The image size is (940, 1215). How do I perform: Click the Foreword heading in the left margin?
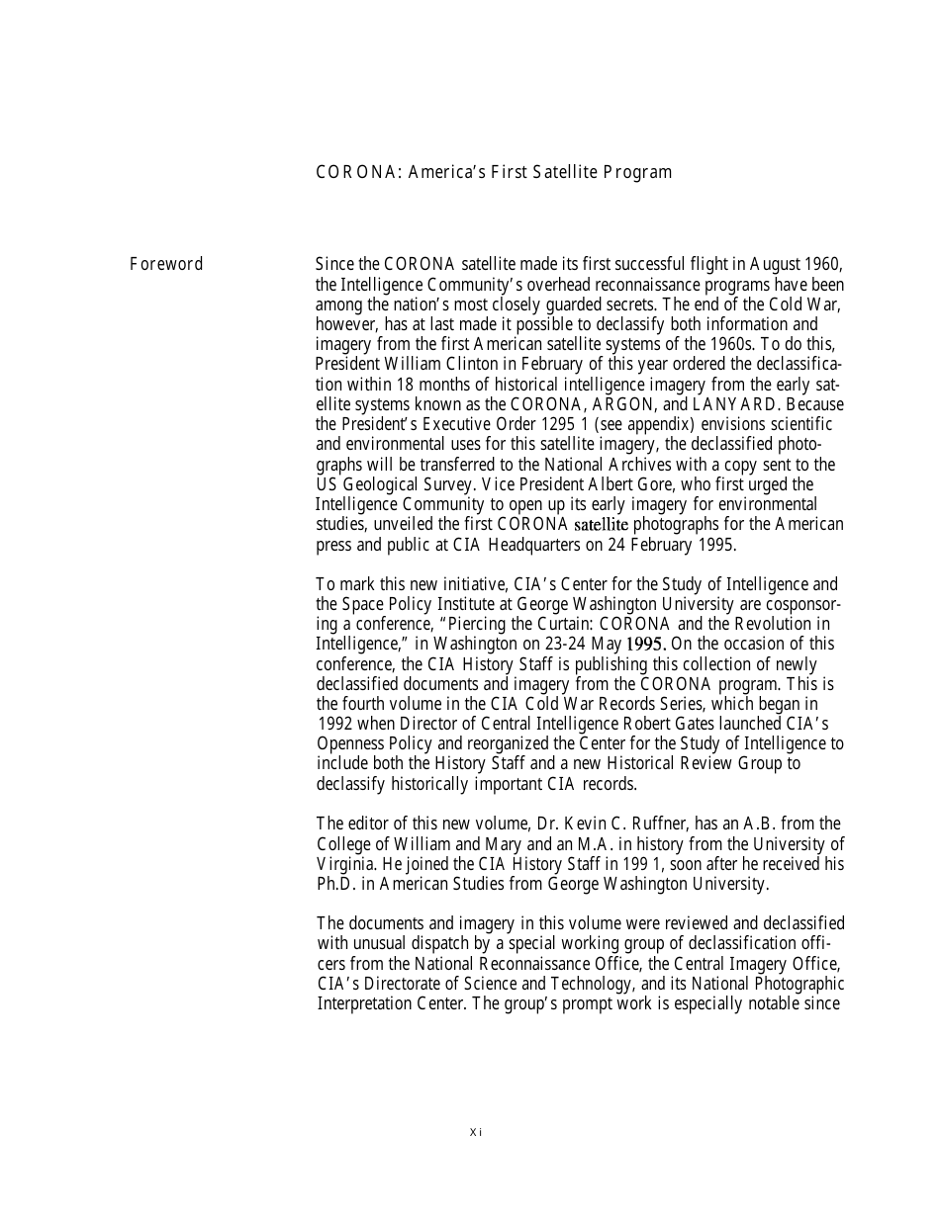166,264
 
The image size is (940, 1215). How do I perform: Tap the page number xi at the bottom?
475,1132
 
